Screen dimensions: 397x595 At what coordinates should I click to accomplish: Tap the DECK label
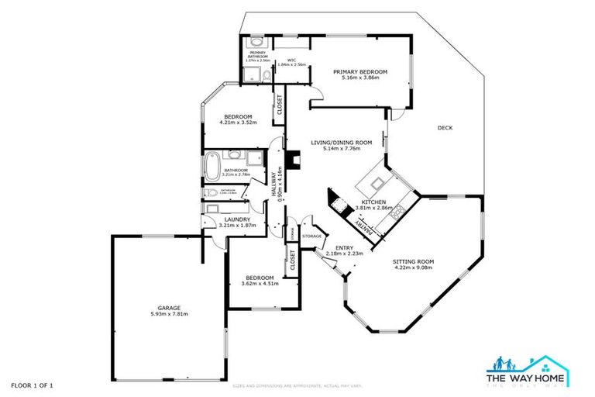click(x=444, y=128)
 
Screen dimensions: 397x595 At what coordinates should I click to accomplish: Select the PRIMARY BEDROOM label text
click(x=359, y=72)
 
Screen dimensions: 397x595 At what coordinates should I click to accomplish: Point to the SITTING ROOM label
click(x=413, y=262)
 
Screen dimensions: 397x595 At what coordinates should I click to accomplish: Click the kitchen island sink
click(x=377, y=183)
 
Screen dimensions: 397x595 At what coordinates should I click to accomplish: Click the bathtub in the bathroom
click(x=211, y=167)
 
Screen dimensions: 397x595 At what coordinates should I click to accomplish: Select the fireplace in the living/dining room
click(x=292, y=160)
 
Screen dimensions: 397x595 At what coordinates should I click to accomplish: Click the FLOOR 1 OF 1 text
click(x=32, y=385)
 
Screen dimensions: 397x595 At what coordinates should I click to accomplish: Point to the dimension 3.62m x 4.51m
click(x=259, y=284)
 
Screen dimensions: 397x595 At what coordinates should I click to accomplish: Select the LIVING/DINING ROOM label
click(x=342, y=143)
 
